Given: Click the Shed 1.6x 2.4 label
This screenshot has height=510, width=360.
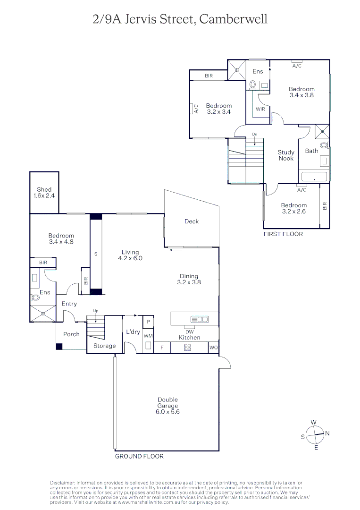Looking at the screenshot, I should pyautogui.click(x=44, y=193).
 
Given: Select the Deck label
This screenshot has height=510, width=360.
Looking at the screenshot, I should pyautogui.click(x=192, y=221).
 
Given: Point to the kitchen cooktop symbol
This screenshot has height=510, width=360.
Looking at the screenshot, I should pyautogui.click(x=187, y=348).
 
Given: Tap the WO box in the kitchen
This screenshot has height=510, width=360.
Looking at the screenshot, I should pyautogui.click(x=214, y=348).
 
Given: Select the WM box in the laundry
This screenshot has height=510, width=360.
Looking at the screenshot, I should pyautogui.click(x=148, y=336).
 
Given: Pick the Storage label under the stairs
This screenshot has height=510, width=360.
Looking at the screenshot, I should pyautogui.click(x=104, y=346).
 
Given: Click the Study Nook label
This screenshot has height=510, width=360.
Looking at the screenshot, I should pyautogui.click(x=286, y=155).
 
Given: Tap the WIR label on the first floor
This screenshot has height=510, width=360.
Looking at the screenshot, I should pyautogui.click(x=260, y=109).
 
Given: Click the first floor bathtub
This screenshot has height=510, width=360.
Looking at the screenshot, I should pyautogui.click(x=314, y=178).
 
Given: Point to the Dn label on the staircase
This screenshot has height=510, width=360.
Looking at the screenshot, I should pyautogui.click(x=254, y=135).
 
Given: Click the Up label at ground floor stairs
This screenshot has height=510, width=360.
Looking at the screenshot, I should pyautogui.click(x=96, y=311).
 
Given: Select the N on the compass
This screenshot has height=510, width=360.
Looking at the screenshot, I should pyautogui.click(x=327, y=433).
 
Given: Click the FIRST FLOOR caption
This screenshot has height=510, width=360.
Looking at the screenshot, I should pyautogui.click(x=283, y=234).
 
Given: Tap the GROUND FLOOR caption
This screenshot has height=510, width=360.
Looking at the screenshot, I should pyautogui.click(x=139, y=457).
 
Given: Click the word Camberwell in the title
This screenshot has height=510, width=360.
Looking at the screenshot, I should pyautogui.click(x=233, y=19).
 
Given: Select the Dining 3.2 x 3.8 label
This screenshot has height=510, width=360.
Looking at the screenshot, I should pyautogui.click(x=189, y=279).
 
